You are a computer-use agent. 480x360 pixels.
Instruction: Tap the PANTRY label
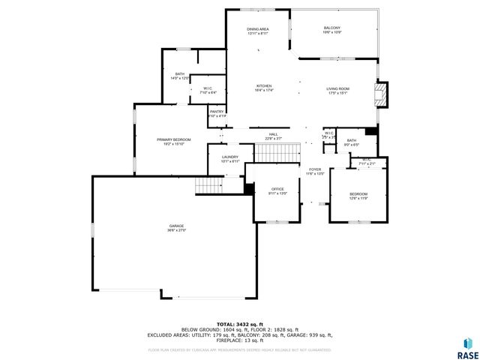point(217,113)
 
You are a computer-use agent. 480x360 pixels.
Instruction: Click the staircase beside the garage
point(208,185)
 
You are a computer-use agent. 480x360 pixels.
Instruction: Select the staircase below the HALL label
point(273,152)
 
